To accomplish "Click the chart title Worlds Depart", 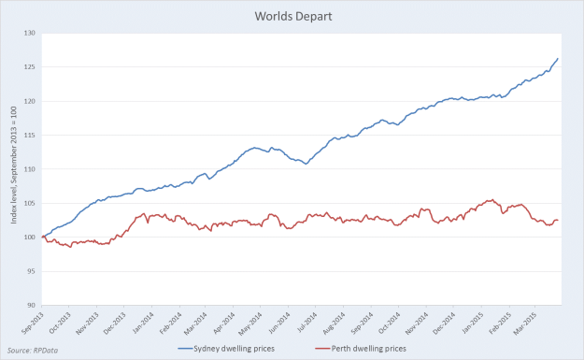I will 292,16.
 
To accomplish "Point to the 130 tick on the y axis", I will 31,34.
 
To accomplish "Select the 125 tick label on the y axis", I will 31,67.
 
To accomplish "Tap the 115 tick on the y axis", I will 31,136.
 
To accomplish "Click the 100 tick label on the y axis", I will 31,238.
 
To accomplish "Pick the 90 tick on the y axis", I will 32,305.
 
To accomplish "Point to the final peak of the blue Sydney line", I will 558,59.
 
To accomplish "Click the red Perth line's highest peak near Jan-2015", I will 490,199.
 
